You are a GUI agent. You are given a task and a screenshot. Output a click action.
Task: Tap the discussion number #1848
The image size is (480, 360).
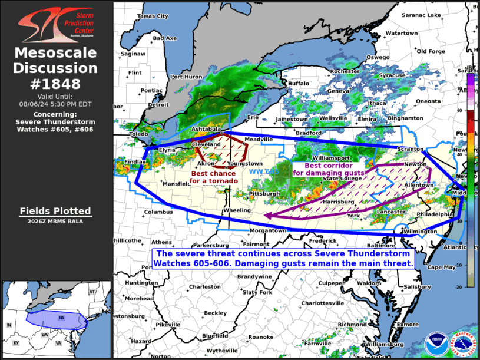point(56,83)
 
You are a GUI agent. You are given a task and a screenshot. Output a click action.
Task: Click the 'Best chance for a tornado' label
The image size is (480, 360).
point(213,177)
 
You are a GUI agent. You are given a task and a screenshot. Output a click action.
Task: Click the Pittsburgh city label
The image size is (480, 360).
point(264,193)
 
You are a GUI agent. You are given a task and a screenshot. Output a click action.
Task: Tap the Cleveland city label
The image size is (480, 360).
point(206,144)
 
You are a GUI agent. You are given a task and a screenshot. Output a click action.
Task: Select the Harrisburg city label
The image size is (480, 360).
point(338,202)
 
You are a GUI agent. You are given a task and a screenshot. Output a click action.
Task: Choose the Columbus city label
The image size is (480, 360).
point(158,212)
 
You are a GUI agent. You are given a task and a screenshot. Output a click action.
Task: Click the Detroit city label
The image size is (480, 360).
point(158,105)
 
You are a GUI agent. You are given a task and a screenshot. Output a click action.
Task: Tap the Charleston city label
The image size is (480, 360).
point(204,287)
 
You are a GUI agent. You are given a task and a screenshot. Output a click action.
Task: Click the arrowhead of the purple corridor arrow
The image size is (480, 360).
point(267,216)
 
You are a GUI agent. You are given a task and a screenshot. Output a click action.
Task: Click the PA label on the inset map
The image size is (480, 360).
point(61,318)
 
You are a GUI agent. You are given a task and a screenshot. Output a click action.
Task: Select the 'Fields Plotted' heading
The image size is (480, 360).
point(56,211)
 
